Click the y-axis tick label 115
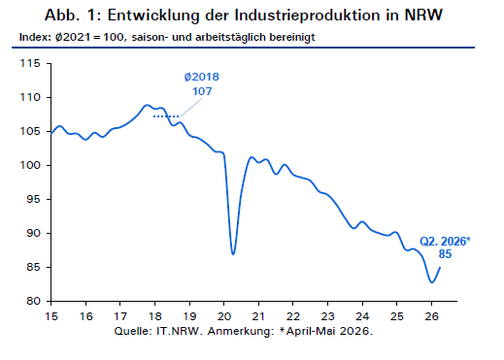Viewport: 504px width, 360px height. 30,63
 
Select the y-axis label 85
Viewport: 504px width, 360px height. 33,267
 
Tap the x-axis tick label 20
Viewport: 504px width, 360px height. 224,316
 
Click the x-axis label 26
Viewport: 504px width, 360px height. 431,316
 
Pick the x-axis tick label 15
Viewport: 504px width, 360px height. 51,316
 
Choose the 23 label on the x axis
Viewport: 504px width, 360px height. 327,316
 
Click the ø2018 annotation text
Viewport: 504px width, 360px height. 202,77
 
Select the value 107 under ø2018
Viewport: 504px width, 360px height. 202,91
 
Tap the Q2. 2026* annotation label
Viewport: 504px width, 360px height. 445,242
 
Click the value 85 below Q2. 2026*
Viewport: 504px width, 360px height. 445,254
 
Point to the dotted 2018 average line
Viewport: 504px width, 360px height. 166,116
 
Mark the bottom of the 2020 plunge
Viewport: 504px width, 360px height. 233,254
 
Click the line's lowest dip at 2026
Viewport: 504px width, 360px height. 431,282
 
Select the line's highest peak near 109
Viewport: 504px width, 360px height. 147,105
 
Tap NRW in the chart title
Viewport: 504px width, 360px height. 423,15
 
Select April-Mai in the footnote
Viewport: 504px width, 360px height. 311,331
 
